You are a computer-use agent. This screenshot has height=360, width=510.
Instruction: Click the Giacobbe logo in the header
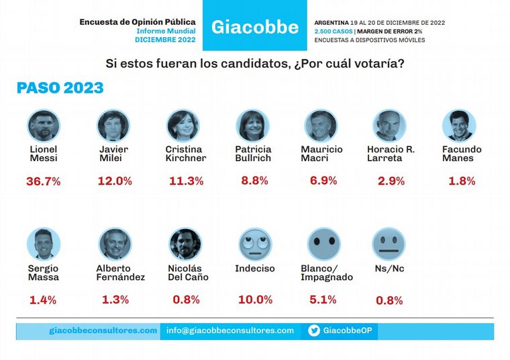tap(254, 28)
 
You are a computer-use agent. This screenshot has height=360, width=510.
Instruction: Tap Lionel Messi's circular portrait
tap(44, 126)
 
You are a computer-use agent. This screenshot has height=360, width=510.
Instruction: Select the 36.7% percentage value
tap(44, 181)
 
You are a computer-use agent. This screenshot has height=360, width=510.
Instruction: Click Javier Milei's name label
tap(113, 154)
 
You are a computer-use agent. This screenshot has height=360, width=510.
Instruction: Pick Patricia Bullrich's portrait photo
tap(253, 126)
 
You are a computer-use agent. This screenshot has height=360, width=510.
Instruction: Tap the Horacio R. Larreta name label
tap(391, 154)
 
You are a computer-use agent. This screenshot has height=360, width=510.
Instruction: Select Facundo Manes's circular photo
tap(459, 126)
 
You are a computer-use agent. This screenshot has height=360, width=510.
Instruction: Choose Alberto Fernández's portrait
tap(115, 244)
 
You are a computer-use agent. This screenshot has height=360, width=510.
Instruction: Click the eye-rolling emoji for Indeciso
tap(255, 244)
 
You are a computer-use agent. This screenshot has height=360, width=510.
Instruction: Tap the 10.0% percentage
tap(256, 300)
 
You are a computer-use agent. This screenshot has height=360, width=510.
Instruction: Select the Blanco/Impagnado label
tap(327, 273)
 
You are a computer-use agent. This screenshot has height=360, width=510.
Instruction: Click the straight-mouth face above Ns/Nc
tap(389, 244)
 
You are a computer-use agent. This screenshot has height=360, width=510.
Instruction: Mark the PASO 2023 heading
tap(60, 88)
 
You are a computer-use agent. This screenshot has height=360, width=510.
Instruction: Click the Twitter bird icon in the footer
tap(313, 331)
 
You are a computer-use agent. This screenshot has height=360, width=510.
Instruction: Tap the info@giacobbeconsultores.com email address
tap(230, 330)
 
